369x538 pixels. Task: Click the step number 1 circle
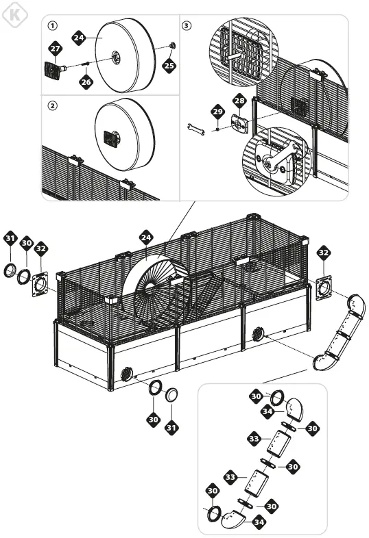pyautogui.click(x=52, y=26)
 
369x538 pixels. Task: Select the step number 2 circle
pyautogui.click(x=52, y=106)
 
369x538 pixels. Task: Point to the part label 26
pyautogui.click(x=86, y=81)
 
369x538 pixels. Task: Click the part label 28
pyautogui.click(x=239, y=101)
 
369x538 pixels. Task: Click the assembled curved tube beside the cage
pyautogui.click(x=340, y=332)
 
